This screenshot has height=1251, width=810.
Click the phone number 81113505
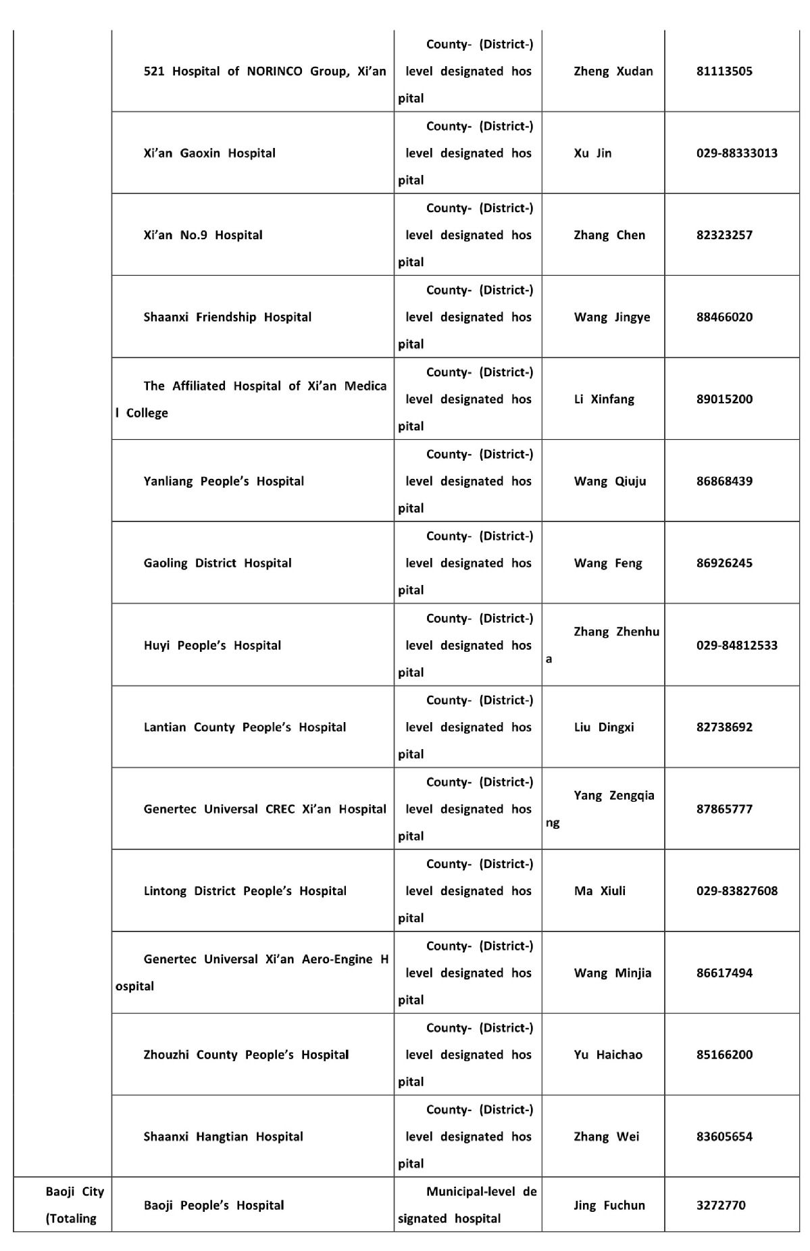[x=724, y=71]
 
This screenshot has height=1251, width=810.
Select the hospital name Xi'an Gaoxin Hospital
[x=209, y=153]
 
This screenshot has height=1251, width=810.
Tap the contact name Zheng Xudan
[x=613, y=71]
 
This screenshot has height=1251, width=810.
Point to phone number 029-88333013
[x=736, y=153]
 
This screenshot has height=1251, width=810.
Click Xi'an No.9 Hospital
[x=203, y=235]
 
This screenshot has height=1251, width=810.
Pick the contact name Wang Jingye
[x=611, y=317]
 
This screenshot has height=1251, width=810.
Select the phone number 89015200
[x=724, y=399]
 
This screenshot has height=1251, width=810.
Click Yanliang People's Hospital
[x=224, y=481]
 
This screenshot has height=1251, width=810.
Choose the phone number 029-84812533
[x=736, y=645]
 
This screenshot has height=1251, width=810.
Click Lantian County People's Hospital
[x=245, y=727]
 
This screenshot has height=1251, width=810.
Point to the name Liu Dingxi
[x=603, y=727]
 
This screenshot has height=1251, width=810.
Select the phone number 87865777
[x=724, y=809]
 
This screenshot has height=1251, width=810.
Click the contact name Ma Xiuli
[x=599, y=891]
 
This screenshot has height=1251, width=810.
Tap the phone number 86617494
[x=724, y=973]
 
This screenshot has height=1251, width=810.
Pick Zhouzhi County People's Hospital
[x=246, y=1055]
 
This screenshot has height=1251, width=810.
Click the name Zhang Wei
[x=606, y=1137]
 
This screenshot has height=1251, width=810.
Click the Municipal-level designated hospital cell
[x=467, y=1205]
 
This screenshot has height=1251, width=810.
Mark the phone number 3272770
[x=720, y=1205]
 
